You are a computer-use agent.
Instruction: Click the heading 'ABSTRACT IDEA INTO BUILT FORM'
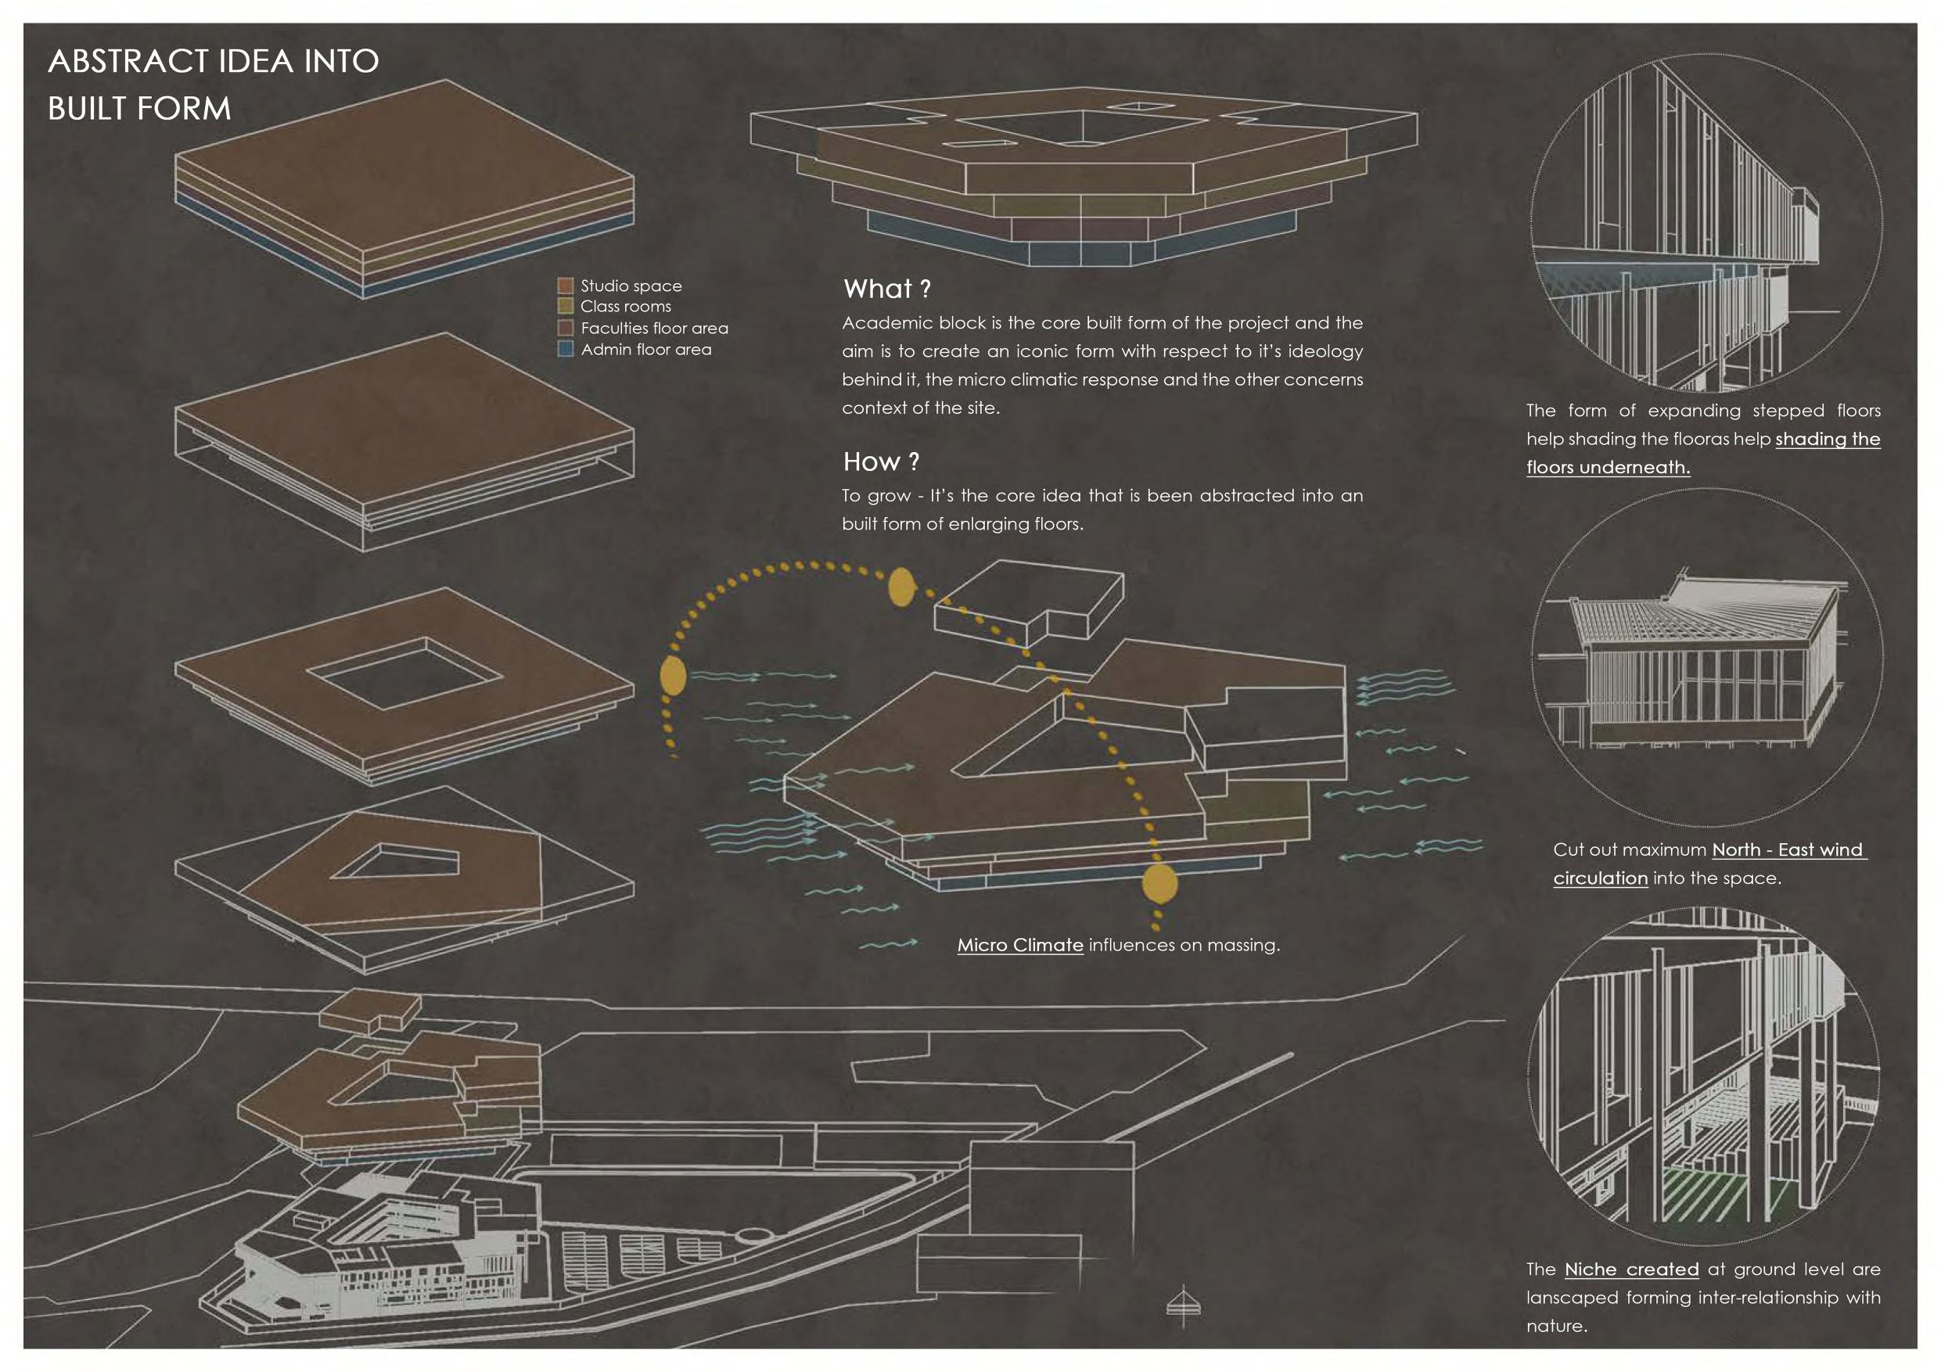[213, 84]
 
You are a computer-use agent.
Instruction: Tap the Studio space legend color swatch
[566, 286]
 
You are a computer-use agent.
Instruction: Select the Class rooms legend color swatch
[566, 306]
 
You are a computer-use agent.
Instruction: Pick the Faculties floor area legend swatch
[566, 328]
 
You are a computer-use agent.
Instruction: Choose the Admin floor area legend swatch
[566, 349]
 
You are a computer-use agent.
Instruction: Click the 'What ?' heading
[887, 289]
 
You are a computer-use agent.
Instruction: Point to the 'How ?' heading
[881, 462]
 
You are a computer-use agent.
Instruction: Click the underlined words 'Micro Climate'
[1019, 945]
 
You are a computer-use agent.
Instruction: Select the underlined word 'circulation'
[1599, 878]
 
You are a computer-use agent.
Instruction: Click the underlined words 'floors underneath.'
[1607, 468]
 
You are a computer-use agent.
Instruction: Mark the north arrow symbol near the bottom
[1184, 1306]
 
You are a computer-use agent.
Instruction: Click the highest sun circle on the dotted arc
[901, 587]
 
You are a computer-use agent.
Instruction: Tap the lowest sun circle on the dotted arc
[1159, 883]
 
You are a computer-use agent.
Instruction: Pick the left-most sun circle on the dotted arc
[672, 675]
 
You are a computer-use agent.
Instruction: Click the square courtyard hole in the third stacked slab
[404, 673]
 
